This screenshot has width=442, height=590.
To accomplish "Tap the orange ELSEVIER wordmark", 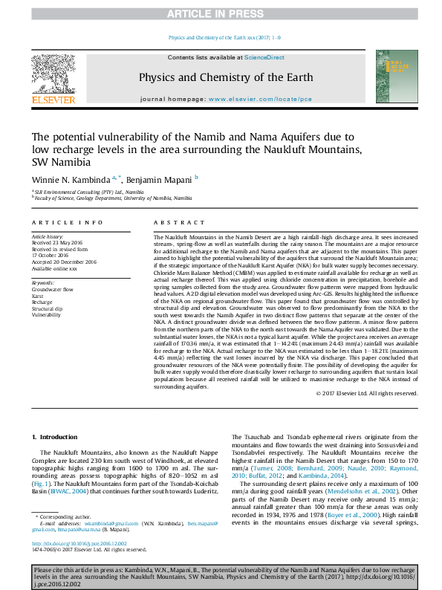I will click(x=53, y=100).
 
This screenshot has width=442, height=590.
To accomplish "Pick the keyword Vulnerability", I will click(x=46, y=315).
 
